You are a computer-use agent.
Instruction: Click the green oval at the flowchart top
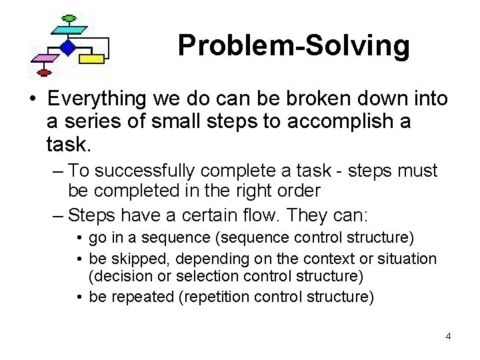click(67, 18)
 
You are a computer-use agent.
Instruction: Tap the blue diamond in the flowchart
click(67, 47)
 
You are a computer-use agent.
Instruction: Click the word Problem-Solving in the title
click(293, 46)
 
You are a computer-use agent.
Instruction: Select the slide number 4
click(449, 336)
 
